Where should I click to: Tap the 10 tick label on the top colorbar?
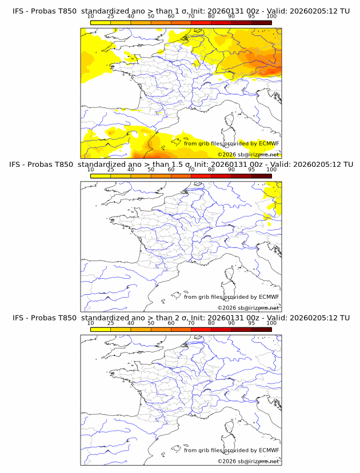(91, 17)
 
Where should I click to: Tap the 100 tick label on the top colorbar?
(271, 17)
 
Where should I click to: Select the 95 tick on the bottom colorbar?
(251, 323)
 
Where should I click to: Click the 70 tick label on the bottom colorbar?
(191, 323)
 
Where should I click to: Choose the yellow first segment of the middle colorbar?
(101, 175)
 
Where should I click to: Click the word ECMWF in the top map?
(269, 143)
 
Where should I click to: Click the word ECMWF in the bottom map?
(269, 450)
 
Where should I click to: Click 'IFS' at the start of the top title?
(18, 11)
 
